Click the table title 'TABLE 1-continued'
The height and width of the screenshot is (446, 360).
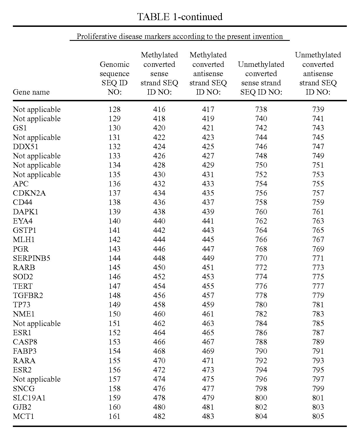click(180, 17)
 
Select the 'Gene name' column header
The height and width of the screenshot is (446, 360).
click(31, 92)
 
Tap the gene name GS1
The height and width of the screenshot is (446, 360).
click(20, 128)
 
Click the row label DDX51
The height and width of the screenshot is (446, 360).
click(25, 147)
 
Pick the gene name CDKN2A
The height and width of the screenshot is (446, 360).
click(29, 193)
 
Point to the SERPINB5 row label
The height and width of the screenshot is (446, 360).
click(31, 258)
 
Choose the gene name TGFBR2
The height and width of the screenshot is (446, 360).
click(28, 295)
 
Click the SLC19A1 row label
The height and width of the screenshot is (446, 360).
click(29, 398)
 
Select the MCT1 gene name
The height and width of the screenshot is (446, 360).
click(23, 416)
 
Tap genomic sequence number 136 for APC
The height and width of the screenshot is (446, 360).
click(114, 184)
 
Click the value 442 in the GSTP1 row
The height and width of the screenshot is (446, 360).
click(159, 230)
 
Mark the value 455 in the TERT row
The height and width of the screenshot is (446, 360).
click(208, 286)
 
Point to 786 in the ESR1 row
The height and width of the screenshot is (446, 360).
click(261, 333)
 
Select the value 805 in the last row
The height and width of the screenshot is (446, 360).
click(318, 416)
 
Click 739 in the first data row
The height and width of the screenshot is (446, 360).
click(318, 109)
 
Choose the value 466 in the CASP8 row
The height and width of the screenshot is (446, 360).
click(159, 342)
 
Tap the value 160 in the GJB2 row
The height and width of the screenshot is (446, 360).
click(114, 407)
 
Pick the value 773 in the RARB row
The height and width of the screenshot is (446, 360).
click(318, 267)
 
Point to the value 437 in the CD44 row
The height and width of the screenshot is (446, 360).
click(208, 202)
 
